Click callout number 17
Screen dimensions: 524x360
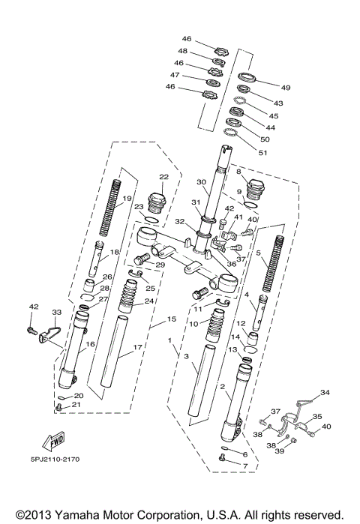tap(137, 348)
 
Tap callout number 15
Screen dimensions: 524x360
tap(171, 319)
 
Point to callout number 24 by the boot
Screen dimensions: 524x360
tap(148, 301)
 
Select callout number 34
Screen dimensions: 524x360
tap(324, 392)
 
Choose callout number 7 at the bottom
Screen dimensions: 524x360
tap(244, 465)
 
